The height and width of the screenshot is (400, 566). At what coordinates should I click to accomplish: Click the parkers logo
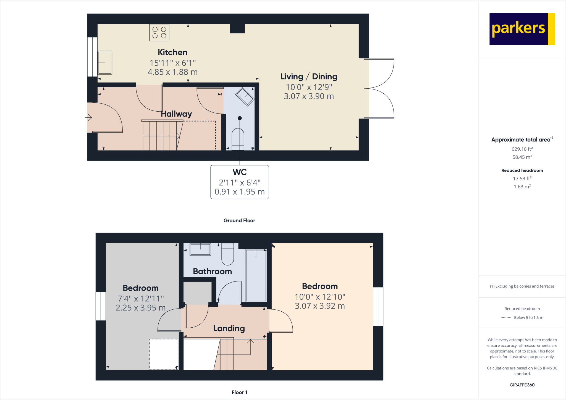(x=522, y=29)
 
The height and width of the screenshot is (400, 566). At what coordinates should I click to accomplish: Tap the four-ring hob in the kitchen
(x=159, y=33)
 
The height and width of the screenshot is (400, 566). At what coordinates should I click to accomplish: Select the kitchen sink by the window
(x=105, y=63)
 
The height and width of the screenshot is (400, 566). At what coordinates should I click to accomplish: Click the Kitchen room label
(x=172, y=52)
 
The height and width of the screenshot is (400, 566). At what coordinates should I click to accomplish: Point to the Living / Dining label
(x=309, y=77)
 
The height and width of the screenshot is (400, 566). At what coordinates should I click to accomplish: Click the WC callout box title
(x=240, y=172)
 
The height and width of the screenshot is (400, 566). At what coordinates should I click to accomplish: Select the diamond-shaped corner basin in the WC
(x=245, y=96)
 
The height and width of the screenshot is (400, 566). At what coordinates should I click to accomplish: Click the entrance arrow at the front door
(x=88, y=118)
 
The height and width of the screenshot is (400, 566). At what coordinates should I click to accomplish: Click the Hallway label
(x=176, y=114)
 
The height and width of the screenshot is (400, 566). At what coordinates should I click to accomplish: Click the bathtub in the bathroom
(x=256, y=275)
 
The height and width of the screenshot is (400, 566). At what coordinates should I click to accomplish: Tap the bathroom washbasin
(x=200, y=249)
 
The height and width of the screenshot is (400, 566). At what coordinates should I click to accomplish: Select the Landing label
(x=229, y=328)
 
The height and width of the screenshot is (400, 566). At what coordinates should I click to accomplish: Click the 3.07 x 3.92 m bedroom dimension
(x=320, y=306)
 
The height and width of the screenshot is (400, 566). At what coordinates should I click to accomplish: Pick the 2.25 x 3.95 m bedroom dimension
(x=140, y=307)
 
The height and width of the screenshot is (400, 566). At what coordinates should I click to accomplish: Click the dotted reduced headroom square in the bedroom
(x=164, y=354)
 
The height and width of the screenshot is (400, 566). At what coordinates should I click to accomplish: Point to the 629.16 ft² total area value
(x=522, y=149)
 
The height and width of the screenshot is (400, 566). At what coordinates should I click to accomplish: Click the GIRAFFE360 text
(x=522, y=385)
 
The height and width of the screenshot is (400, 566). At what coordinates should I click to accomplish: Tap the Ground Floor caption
(x=239, y=220)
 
